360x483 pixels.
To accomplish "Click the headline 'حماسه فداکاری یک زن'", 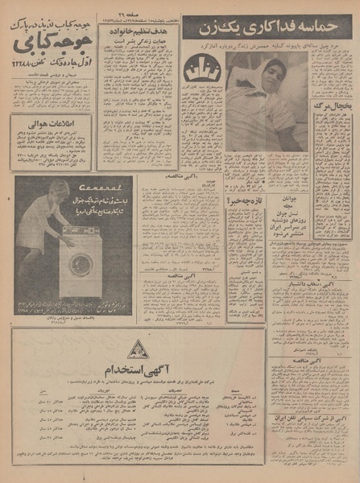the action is [x=265, y=28].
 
